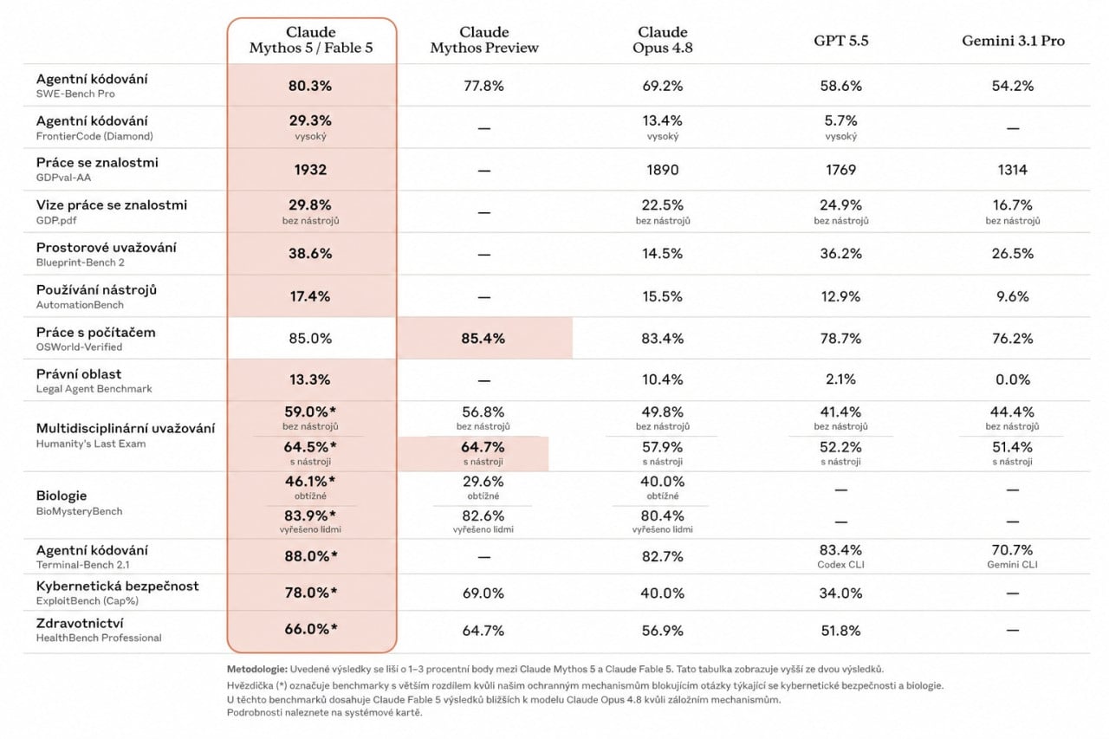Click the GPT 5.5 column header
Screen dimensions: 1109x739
coord(840,41)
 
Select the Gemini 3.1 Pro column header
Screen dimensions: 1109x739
coord(1013,41)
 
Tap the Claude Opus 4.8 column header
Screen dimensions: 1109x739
coord(663,40)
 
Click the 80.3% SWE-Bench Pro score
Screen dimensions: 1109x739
coord(310,86)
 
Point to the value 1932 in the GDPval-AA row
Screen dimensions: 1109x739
coord(310,170)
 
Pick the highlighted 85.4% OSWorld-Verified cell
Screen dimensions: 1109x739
coord(483,338)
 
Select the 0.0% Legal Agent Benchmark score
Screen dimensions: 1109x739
coord(1013,379)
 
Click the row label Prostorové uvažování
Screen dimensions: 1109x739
coord(106,248)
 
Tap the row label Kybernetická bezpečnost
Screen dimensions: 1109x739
coord(117,586)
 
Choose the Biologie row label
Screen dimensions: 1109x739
coord(62,496)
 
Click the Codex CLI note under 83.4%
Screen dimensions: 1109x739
coord(840,564)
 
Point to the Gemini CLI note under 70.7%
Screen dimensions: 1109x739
coord(1013,564)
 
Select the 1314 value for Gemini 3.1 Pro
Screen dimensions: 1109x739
coord(1013,170)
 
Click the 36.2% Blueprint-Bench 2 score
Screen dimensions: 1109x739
coord(840,254)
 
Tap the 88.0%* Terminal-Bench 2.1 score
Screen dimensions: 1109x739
coord(311,556)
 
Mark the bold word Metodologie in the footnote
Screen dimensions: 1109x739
coord(257,669)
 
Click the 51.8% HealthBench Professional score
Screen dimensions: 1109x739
coord(840,631)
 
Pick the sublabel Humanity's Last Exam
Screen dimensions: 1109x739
coord(91,444)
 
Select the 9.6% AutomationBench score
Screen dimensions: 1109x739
coord(1013,296)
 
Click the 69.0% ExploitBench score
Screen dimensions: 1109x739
coord(483,593)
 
